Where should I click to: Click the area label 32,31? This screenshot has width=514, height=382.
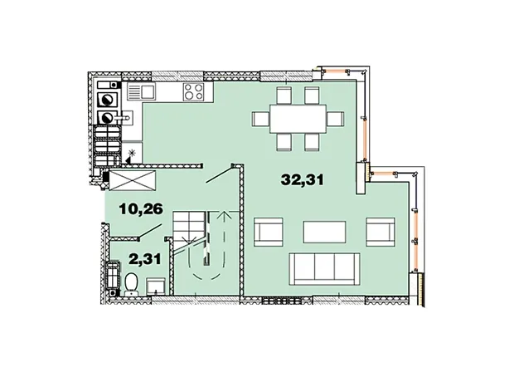click(303, 180)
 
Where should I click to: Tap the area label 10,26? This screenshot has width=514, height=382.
click(141, 209)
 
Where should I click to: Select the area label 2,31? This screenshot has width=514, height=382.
click(145, 259)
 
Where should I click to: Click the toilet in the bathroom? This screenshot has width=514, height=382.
click(131, 283)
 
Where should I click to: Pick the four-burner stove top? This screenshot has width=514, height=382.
click(194, 91)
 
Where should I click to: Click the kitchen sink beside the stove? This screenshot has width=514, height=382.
click(141, 91)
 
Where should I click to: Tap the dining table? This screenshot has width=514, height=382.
click(298, 119)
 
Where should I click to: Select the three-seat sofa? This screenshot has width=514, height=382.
click(324, 269)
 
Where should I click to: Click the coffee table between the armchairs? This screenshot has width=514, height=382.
click(324, 232)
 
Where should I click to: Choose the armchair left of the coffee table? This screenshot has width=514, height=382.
click(268, 232)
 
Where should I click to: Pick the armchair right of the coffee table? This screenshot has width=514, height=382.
click(381, 232)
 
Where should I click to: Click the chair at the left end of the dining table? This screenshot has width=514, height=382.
click(261, 119)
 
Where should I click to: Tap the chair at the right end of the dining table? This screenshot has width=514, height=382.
click(336, 119)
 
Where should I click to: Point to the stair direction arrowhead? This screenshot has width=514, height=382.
click(225, 214)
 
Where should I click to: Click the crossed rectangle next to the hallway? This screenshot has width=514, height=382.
click(133, 180)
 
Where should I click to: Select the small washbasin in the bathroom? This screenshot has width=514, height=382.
click(155, 286)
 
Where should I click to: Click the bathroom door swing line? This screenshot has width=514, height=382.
click(150, 231)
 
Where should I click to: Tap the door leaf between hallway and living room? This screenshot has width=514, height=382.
click(219, 174)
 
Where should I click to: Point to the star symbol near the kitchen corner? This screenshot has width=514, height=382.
click(132, 153)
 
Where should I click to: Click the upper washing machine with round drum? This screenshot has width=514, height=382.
click(107, 100)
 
